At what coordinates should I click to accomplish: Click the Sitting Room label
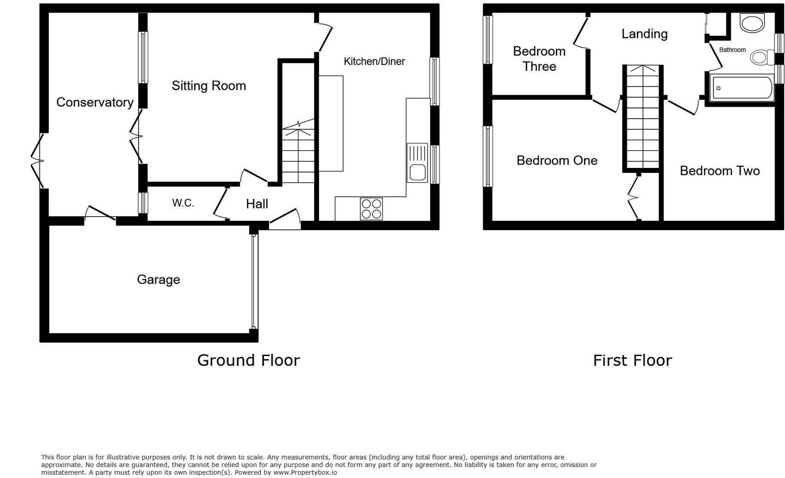click(x=209, y=86)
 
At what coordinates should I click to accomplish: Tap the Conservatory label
click(x=95, y=102)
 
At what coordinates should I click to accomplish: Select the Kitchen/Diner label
click(x=374, y=62)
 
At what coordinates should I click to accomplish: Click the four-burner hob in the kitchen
click(x=371, y=209)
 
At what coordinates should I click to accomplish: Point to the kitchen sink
click(x=417, y=163)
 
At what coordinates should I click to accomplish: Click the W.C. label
click(x=183, y=203)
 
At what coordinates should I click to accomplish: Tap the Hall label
click(x=257, y=204)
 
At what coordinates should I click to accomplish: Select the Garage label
click(x=158, y=280)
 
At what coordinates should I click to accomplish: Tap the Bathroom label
click(x=732, y=50)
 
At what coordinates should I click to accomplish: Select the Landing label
click(x=644, y=34)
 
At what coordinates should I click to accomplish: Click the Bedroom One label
click(x=557, y=161)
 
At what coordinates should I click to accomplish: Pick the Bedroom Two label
click(x=719, y=171)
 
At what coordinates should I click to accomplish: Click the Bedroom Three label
click(x=539, y=59)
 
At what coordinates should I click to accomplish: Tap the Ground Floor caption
click(x=248, y=360)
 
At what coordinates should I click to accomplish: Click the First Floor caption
click(x=632, y=360)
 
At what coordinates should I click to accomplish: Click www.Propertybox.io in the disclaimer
click(x=305, y=472)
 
